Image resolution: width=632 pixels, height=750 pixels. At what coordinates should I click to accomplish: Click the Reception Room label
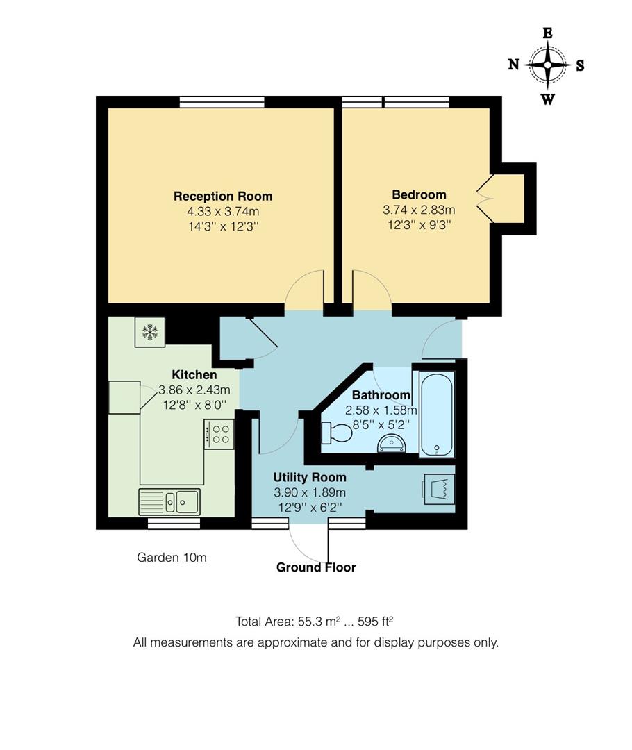click(222, 196)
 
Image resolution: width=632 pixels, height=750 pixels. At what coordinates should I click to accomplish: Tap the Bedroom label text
click(419, 194)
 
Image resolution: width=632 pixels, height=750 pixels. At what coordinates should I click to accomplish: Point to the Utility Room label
click(309, 477)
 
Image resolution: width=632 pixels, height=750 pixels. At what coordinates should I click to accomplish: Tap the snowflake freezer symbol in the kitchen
click(149, 332)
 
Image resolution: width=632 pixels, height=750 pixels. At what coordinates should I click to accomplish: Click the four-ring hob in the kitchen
click(220, 434)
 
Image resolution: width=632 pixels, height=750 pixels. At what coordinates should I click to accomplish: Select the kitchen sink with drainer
click(169, 501)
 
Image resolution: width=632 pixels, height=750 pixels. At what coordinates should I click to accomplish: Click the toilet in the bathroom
click(338, 433)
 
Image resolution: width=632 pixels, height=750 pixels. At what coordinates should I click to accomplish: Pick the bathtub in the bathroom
click(438, 413)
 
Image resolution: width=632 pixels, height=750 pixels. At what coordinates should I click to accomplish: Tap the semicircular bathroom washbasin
click(392, 444)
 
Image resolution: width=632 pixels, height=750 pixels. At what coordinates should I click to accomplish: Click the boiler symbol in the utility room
click(439, 489)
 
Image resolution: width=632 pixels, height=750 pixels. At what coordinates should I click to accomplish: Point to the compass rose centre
click(547, 65)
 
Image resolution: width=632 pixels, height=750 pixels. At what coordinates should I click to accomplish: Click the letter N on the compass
click(514, 65)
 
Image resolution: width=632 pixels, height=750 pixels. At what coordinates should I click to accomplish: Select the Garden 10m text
click(172, 557)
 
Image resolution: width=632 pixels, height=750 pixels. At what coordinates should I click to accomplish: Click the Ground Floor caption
click(316, 567)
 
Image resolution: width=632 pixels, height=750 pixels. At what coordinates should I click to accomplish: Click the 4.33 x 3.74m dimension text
click(222, 211)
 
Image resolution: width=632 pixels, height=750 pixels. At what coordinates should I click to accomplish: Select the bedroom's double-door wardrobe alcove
click(508, 199)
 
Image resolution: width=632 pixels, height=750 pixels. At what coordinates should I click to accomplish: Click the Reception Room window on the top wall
click(222, 102)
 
